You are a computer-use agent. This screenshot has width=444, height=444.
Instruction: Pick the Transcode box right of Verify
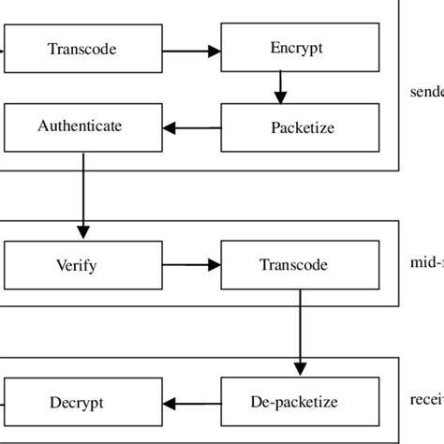pyautogui.click(x=300, y=265)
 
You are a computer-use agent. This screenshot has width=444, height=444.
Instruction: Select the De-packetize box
pyautogui.click(x=300, y=403)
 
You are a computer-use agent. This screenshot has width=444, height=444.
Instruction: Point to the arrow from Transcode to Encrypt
pyautogui.click(x=192, y=49)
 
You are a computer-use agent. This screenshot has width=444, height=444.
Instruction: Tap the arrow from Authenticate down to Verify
pyautogui.click(x=84, y=192)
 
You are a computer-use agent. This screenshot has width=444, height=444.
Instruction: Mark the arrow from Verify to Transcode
pyautogui.click(x=192, y=265)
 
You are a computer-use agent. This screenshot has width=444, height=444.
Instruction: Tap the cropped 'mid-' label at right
pyautogui.click(x=427, y=265)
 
